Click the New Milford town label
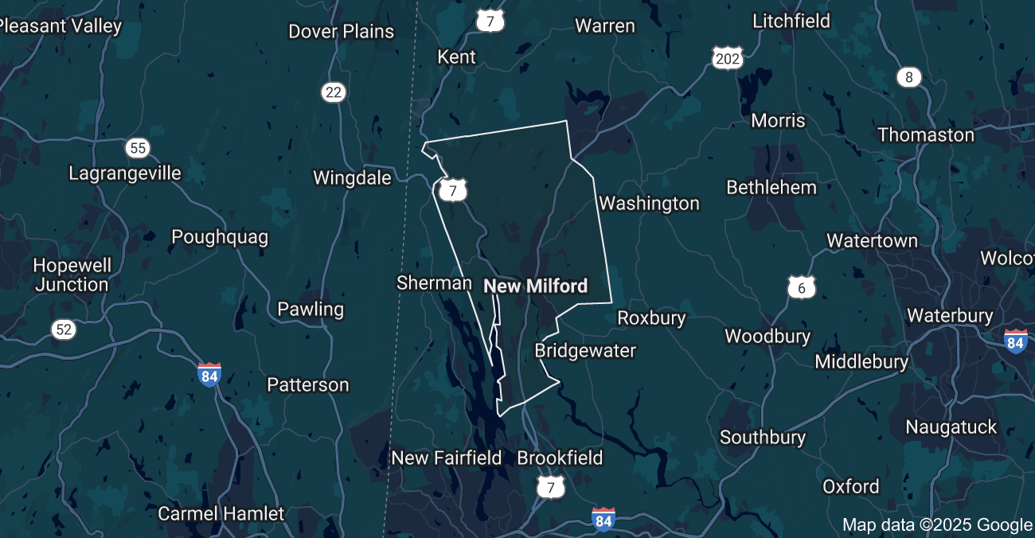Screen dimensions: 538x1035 [535, 286]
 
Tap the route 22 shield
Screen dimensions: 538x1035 [334, 92]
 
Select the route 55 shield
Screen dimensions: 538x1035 [138, 147]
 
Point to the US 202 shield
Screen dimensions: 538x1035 [728, 57]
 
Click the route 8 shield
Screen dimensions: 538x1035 [908, 77]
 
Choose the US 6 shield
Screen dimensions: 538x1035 [802, 288]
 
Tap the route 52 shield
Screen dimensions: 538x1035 [64, 329]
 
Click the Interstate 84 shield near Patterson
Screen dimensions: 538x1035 [209, 374]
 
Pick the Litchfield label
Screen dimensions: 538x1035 [791, 21]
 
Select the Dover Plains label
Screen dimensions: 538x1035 [341, 31]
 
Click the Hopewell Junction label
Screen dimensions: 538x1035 [72, 275]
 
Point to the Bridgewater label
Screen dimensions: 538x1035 [585, 350]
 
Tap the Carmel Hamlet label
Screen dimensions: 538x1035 [221, 513]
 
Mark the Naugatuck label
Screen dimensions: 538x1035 [951, 427]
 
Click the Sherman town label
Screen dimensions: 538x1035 [434, 283]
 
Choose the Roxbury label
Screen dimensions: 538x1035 [651, 318]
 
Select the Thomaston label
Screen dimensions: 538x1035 [926, 134]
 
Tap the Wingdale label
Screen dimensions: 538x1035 [352, 177]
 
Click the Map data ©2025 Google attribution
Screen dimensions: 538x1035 [937, 524]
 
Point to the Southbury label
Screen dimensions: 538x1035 [763, 437]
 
